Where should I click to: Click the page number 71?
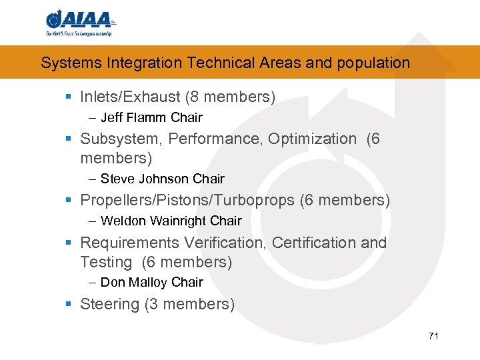pos(433,336)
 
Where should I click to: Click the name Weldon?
pos(123,221)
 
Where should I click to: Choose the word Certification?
pos(314,243)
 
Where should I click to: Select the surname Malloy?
pos(147,283)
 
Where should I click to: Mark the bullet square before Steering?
pos(69,305)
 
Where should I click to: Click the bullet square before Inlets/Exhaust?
pos(69,97)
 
